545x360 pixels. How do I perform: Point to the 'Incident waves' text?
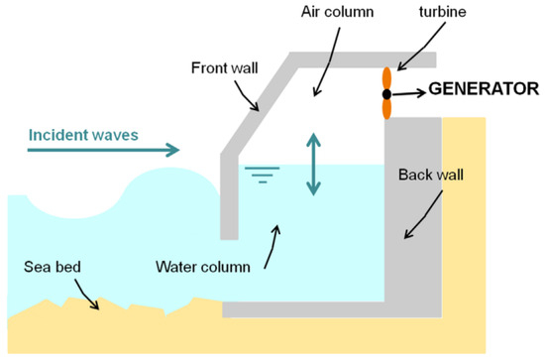75,134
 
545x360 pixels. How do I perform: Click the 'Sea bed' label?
51,269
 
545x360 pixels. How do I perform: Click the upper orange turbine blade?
387,79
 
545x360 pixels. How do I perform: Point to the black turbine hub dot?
387,93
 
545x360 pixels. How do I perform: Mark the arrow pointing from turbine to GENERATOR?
409,92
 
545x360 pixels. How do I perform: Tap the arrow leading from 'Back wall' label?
420,219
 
